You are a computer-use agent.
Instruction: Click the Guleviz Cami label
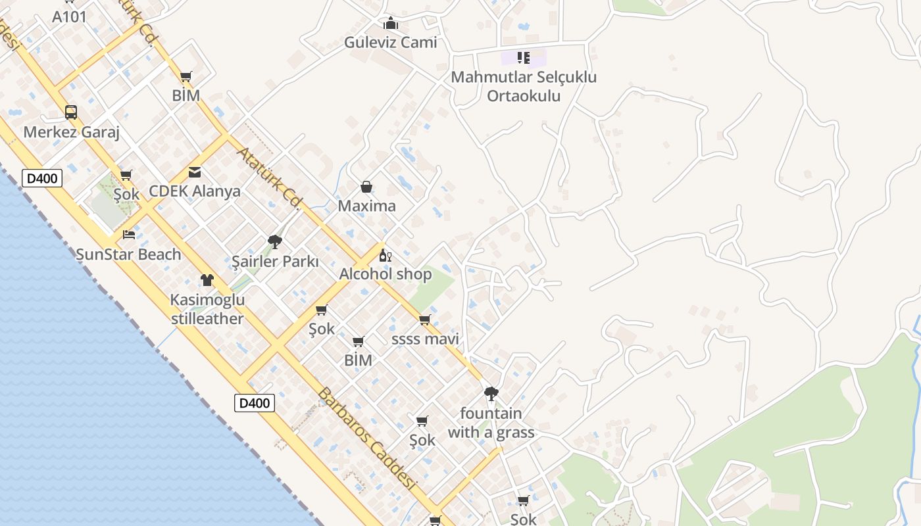[x=390, y=43]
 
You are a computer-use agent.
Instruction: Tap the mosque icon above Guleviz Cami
[x=391, y=24]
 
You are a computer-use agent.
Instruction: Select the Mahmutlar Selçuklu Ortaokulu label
[x=524, y=86]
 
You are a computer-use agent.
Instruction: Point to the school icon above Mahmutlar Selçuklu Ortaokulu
[x=524, y=57]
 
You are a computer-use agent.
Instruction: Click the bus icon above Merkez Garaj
[x=71, y=112]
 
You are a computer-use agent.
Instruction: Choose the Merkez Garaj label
[x=71, y=132]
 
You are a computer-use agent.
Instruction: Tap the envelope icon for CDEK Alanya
[x=195, y=172]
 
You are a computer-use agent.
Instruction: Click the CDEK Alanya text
[x=195, y=191]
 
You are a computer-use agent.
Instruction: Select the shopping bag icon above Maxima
[x=366, y=187]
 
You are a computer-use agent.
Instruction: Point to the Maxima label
[x=366, y=206]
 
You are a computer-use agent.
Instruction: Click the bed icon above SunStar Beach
[x=129, y=235]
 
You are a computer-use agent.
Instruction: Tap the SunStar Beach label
[x=128, y=254]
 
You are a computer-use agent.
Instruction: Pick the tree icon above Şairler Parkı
[x=275, y=242]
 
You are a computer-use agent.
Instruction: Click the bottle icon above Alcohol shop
[x=386, y=255]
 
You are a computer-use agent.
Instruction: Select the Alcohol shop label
[x=386, y=274]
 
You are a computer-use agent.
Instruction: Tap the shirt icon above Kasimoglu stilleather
[x=207, y=280]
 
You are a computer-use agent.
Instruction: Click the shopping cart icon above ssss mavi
[x=425, y=320]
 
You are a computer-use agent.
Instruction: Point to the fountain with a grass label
[x=491, y=423]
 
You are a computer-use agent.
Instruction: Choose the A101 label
[x=69, y=17]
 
